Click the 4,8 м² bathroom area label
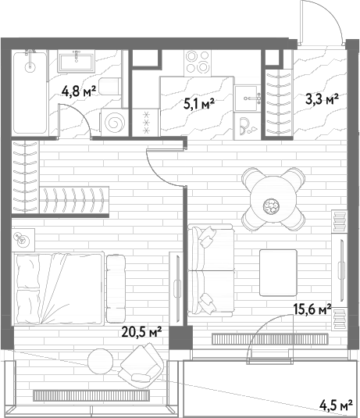tap(78, 92)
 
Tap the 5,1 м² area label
tap(199, 103)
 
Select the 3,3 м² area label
tap(322, 99)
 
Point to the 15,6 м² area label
tap(312, 309)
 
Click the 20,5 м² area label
tap(141, 331)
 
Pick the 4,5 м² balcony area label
tap(336, 405)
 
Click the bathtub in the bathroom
tap(30, 93)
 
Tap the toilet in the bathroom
tap(110, 87)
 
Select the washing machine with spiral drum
tap(114, 123)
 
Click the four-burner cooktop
tap(198, 63)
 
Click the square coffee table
tap(278, 273)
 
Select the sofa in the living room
tap(211, 270)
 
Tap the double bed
tap(59, 289)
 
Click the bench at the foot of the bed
tap(116, 289)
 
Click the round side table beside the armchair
tap(100, 362)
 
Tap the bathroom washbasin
tap(77, 61)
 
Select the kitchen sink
tap(247, 98)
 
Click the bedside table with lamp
tap(23, 240)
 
